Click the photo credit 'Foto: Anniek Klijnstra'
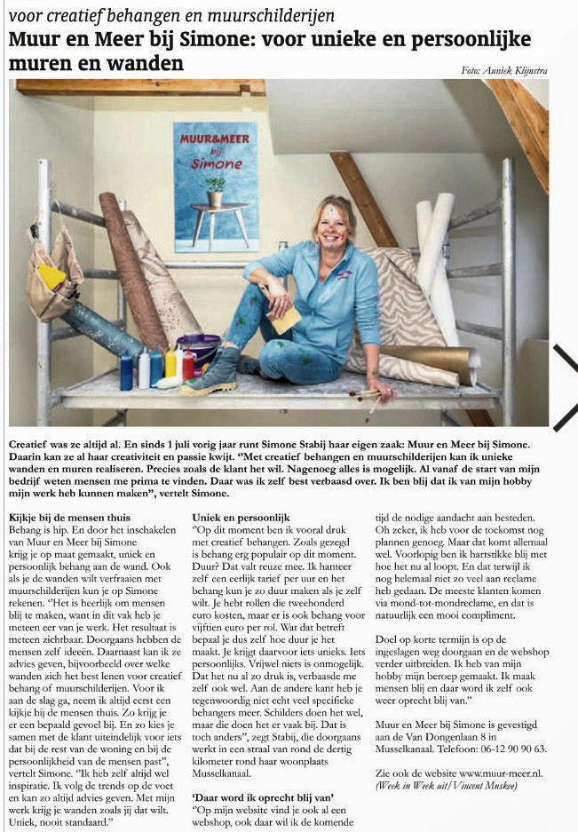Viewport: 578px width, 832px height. coord(504,70)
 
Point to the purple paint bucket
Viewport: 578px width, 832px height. coord(197,349)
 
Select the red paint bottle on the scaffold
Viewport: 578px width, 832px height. coord(188,365)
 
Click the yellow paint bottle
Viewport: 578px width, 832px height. coord(171,361)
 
